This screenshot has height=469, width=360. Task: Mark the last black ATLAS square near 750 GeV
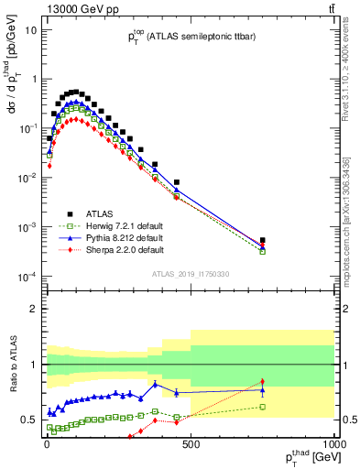click(x=262, y=241)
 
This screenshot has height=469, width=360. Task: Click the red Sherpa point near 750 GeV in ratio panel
click(x=262, y=382)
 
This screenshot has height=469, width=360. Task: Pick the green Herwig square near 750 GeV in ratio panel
click(x=262, y=407)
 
